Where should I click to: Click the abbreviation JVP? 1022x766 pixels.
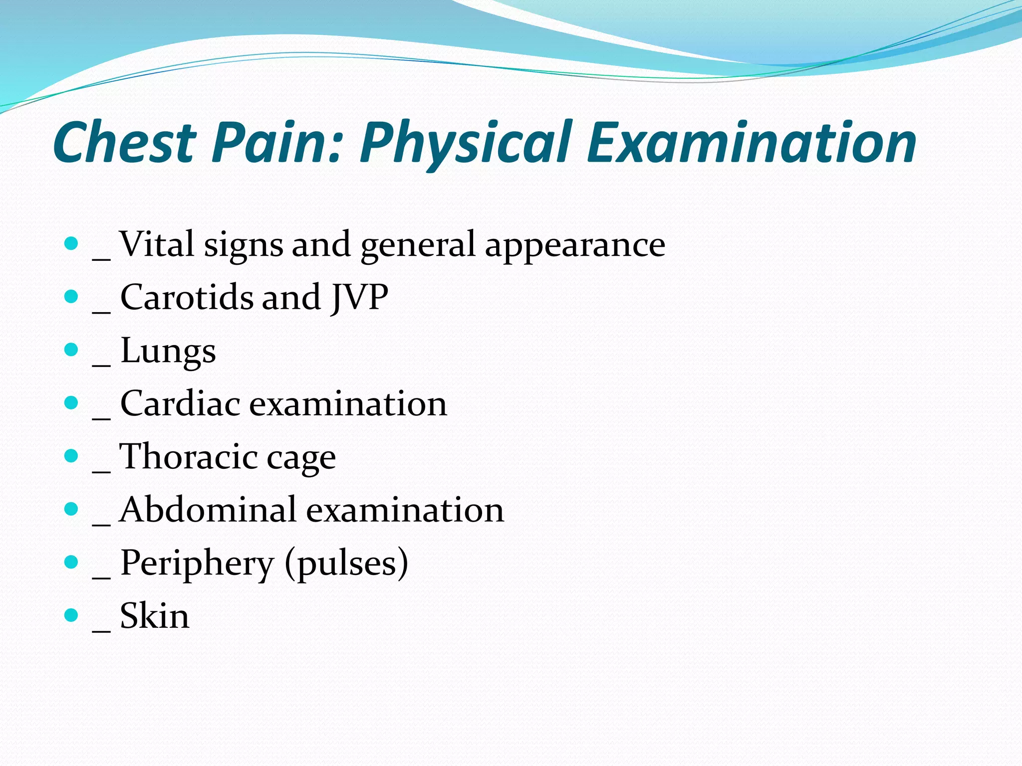pos(359,298)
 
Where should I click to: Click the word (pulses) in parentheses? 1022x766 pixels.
pos(346,564)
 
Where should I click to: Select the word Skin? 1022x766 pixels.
pos(155,616)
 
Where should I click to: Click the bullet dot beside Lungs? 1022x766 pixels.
pos(72,349)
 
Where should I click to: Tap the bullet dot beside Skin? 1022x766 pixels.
pos(72,615)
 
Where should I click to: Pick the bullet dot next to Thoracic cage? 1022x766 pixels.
pos(72,456)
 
